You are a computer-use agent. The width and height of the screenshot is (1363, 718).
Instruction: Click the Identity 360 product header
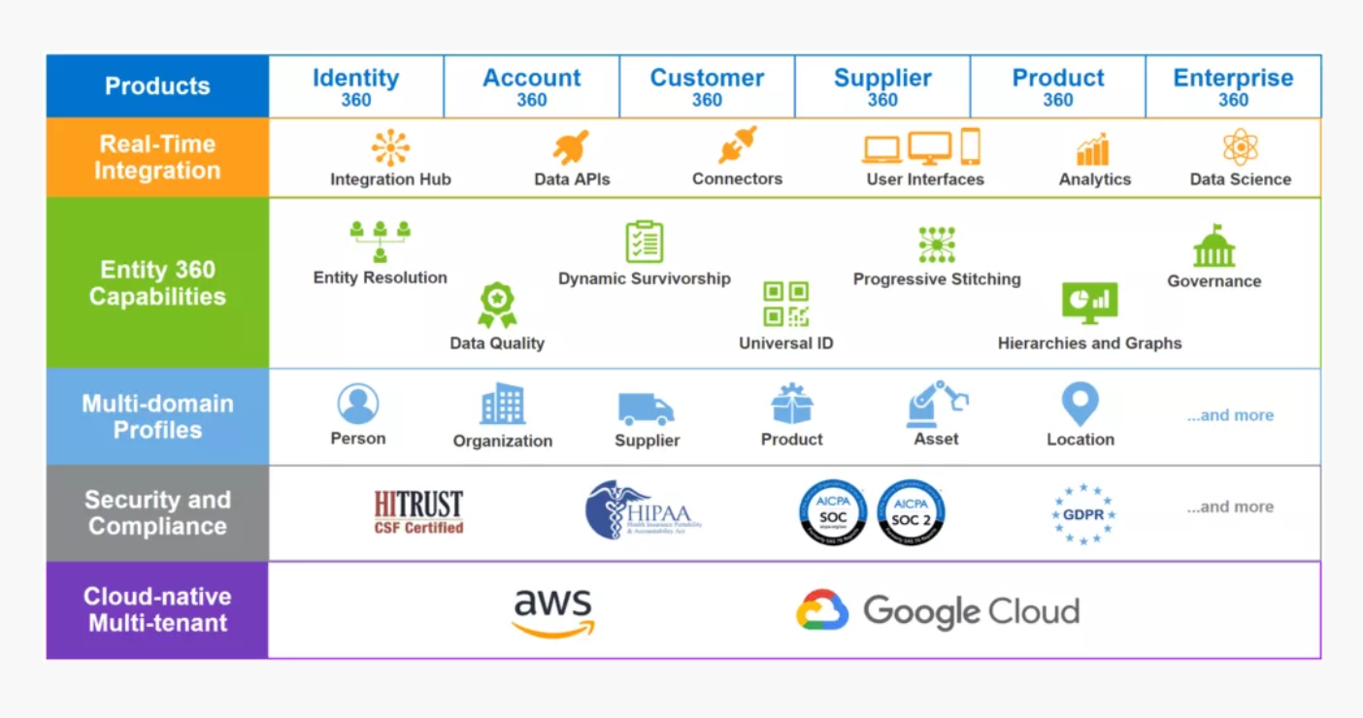tap(356, 86)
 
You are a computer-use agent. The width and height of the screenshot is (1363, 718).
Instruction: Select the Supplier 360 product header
tap(881, 86)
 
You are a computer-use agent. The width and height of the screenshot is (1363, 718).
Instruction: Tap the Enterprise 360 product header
tap(1233, 86)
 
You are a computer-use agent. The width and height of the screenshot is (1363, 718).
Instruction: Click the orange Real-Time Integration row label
tap(157, 157)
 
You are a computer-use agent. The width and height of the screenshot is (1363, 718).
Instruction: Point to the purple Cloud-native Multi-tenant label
tap(157, 609)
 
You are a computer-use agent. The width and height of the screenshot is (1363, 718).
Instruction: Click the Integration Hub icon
tap(390, 148)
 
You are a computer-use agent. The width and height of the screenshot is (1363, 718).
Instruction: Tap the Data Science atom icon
tap(1240, 147)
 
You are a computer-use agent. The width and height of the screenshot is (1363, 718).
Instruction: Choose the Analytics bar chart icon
tap(1093, 150)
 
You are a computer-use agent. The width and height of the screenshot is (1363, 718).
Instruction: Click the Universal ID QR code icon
tap(785, 304)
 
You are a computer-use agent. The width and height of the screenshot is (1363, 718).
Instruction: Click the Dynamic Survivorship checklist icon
tap(644, 242)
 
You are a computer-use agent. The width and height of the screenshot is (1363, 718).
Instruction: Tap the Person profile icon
tap(358, 404)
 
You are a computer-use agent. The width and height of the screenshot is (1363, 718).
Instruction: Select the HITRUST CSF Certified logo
tap(418, 511)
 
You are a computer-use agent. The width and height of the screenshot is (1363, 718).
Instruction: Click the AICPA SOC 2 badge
tap(911, 512)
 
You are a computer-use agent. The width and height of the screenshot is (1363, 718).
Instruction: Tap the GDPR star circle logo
tap(1083, 514)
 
